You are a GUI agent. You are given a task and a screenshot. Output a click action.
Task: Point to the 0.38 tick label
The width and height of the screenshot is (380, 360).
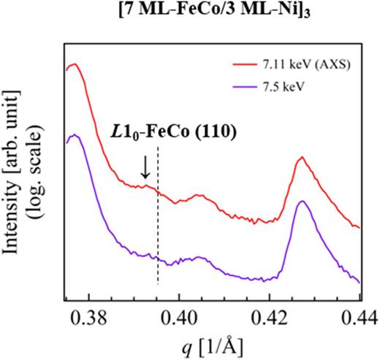coord(89,315)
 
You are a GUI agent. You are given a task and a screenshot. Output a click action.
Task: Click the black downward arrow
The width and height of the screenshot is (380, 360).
coord(145,168)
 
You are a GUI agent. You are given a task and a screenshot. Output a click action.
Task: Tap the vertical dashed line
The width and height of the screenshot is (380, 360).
coord(158,219)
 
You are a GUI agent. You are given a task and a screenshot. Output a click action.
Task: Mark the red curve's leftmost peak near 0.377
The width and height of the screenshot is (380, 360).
coord(73,64)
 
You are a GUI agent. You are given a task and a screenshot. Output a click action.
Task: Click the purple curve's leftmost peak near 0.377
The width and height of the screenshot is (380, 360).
coord(73,135)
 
